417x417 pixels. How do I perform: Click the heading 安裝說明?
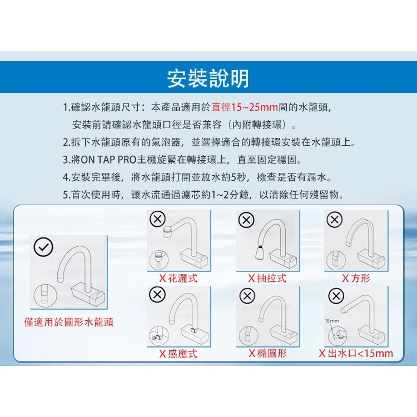tap(209, 78)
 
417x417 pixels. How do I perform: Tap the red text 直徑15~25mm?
tap(245, 107)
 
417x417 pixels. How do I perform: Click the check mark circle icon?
tap(43, 247)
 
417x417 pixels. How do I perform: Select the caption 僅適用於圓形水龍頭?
tap(68, 322)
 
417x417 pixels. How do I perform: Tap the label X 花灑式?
tap(178, 278)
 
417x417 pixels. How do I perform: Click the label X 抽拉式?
tap(267, 278)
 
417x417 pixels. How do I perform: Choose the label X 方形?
tap(356, 278)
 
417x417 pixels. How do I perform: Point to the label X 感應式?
tap(178, 354)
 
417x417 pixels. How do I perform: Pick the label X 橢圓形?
tap(268, 353)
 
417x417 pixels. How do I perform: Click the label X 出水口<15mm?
tap(356, 354)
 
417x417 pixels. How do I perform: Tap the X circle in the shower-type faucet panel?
tap(158, 219)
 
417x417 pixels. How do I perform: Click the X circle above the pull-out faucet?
tap(246, 220)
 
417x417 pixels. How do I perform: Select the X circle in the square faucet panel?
tap(334, 220)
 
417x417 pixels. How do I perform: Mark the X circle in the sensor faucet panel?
tap(157, 295)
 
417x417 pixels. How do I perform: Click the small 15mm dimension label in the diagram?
tap(332, 321)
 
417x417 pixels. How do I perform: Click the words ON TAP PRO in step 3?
tap(108, 160)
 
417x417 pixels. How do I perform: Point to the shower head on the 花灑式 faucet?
tap(167, 231)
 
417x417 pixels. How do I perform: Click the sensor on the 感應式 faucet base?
tap(193, 330)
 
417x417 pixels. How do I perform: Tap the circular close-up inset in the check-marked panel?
tap(46, 295)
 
